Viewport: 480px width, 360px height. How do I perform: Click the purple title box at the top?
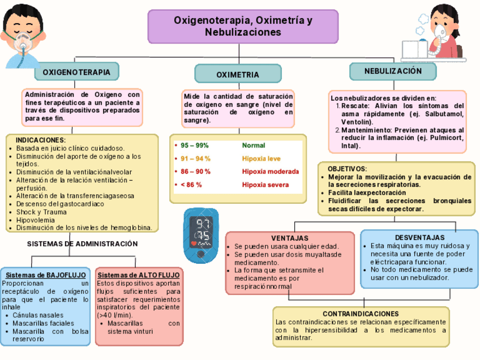click(243, 27)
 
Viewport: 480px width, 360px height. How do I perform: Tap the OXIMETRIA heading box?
click(238, 74)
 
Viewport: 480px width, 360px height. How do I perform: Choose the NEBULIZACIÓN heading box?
click(393, 71)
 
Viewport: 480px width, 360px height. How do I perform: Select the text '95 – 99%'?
click(195, 145)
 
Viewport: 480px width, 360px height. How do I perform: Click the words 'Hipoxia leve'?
click(261, 158)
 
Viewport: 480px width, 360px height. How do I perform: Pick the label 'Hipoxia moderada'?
click(270, 172)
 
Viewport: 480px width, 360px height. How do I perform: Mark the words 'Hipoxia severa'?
click(265, 185)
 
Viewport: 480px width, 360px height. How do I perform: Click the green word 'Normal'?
click(253, 145)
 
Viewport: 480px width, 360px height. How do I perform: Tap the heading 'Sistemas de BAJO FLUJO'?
click(46, 275)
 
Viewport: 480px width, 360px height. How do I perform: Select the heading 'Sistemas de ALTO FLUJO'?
click(139, 275)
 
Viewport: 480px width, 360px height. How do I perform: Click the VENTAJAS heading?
click(289, 238)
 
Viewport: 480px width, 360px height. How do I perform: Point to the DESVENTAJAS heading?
click(419, 238)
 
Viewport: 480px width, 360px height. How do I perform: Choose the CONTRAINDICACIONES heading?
click(361, 314)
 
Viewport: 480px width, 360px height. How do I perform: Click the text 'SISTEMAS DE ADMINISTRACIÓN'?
click(83, 244)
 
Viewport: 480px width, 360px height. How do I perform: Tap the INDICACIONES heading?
click(40, 140)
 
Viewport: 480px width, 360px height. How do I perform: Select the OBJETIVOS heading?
click(347, 169)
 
